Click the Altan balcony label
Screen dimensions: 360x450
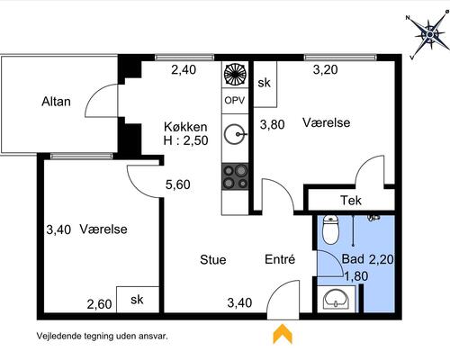[57, 102]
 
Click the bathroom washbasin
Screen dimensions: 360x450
[335, 299]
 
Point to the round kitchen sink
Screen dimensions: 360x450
[236, 135]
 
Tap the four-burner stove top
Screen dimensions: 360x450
[236, 176]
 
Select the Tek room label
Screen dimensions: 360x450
[350, 200]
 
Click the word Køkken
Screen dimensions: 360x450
[185, 127]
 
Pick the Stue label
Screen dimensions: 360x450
[213, 260]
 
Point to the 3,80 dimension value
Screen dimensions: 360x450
[273, 125]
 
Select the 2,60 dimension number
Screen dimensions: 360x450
[99, 304]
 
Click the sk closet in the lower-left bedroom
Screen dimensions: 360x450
[138, 299]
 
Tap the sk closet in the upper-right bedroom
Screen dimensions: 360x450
[265, 82]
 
